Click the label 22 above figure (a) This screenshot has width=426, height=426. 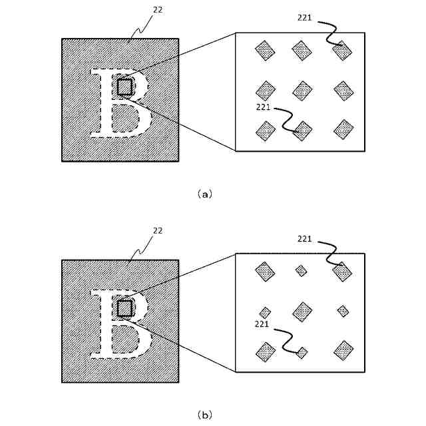[x=158, y=11]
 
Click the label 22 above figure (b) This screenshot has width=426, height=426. [x=158, y=230]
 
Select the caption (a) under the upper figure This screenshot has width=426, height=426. [x=205, y=194]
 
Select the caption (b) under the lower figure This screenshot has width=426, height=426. [x=205, y=415]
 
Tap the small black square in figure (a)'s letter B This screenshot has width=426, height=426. [x=124, y=87]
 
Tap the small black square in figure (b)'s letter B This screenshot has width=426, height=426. [x=124, y=308]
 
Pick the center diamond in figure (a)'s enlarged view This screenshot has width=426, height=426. [x=302, y=90]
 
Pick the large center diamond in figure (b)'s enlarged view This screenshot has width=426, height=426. [x=302, y=311]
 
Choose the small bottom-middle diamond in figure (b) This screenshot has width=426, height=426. [x=302, y=353]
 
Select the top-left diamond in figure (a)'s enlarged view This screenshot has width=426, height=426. [x=265, y=49]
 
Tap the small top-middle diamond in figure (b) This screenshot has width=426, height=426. [x=302, y=270]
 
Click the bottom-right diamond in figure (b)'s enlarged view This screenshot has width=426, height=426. [x=343, y=350]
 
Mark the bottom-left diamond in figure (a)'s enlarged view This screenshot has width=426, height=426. [x=266, y=131]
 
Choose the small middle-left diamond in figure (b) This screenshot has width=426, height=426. [x=265, y=312]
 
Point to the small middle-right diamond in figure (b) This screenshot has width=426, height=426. [x=343, y=311]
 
